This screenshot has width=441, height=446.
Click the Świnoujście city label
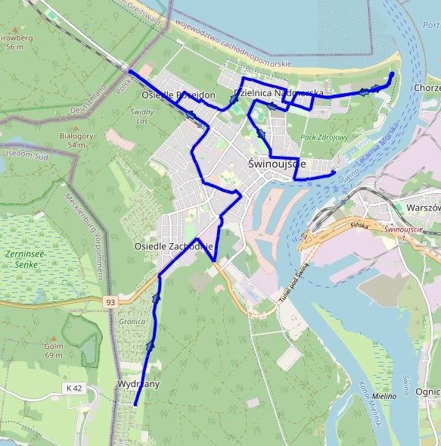click(277, 164)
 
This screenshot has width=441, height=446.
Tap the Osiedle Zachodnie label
click(174, 247)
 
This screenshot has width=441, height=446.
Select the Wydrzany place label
click(138, 385)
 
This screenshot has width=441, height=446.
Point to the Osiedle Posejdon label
click(179, 95)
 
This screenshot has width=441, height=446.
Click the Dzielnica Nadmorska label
click(279, 92)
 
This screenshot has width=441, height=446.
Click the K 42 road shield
click(72, 388)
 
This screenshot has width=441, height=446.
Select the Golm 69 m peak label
click(53, 350)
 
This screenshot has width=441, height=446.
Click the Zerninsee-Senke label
click(27, 259)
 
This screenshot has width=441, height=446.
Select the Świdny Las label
click(141, 117)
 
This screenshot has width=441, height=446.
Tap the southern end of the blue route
click(135, 405)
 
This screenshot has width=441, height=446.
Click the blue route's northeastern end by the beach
click(392, 73)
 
